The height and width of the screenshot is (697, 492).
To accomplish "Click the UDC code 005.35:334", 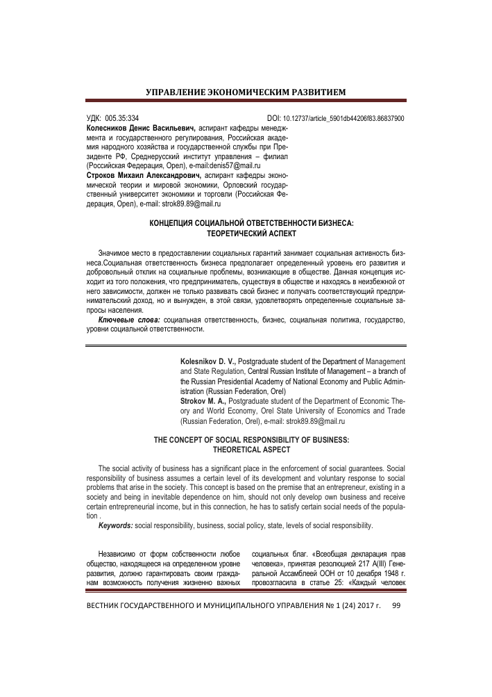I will [x=121, y=119].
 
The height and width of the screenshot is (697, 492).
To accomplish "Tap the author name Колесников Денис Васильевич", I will [x=141, y=129].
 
